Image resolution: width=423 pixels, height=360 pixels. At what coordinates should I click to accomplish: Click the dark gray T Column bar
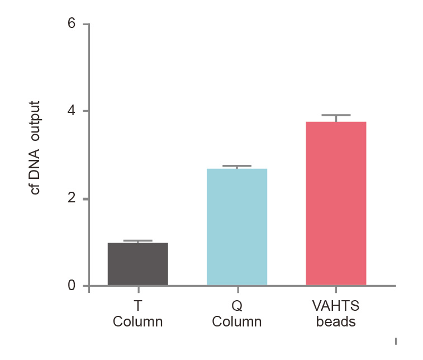(137, 264)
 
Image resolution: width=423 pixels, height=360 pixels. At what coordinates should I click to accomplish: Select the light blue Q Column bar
(237, 226)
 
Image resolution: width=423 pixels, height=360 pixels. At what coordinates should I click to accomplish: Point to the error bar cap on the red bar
(336, 115)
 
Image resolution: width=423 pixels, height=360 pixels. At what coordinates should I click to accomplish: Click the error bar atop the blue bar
(237, 167)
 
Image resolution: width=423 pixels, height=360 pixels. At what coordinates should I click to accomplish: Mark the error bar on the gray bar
(137, 241)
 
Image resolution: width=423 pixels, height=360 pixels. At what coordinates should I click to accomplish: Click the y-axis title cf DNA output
(35, 148)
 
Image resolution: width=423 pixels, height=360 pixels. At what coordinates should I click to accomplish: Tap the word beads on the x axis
(336, 322)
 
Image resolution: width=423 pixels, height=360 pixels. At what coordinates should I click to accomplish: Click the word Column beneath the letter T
(137, 322)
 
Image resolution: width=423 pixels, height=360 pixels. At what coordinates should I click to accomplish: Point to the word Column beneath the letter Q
(237, 322)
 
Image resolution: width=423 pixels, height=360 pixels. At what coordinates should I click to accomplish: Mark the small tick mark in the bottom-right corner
(396, 340)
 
